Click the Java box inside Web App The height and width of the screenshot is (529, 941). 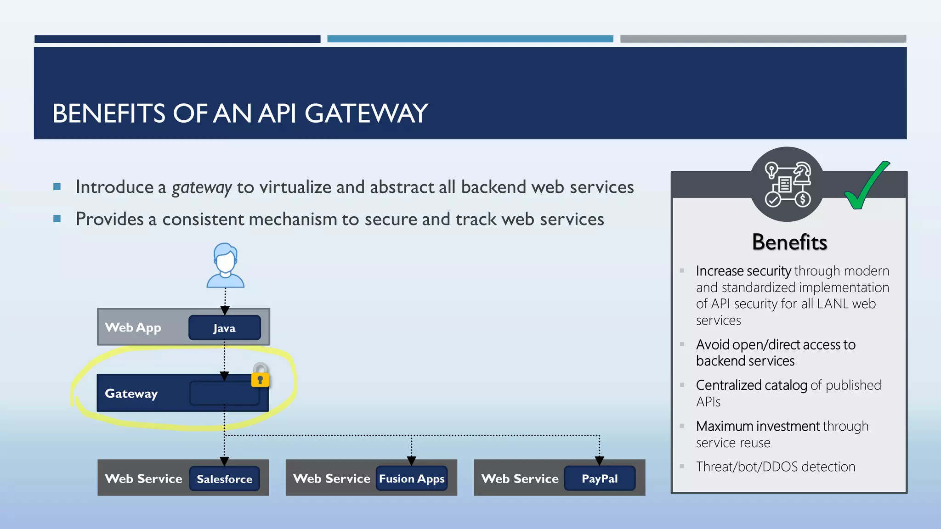[x=224, y=328]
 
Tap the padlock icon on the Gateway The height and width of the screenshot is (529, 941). [x=260, y=375]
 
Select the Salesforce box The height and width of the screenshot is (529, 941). [x=225, y=479]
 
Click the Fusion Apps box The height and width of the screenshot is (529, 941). [x=412, y=478]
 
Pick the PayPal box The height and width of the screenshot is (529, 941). [x=600, y=478]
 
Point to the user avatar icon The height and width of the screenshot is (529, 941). [x=225, y=266]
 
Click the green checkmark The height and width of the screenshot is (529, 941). [x=866, y=186]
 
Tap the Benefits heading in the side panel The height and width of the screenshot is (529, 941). [x=789, y=242]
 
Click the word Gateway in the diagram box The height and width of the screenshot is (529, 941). [x=131, y=394]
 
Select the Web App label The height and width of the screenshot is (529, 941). [x=133, y=327]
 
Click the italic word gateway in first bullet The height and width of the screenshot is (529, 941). [x=201, y=187]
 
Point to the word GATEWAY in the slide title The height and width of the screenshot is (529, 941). [x=366, y=113]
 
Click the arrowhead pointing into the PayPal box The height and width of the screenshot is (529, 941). [x=599, y=460]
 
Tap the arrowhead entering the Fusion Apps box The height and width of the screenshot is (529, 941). [x=411, y=460]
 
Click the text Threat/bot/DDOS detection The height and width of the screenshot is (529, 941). [x=776, y=467]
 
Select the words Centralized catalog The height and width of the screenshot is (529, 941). [x=751, y=385]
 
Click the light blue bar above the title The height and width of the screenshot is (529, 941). [x=470, y=39]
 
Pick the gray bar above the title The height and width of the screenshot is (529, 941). [x=763, y=39]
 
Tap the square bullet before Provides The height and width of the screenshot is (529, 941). [x=57, y=219]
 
